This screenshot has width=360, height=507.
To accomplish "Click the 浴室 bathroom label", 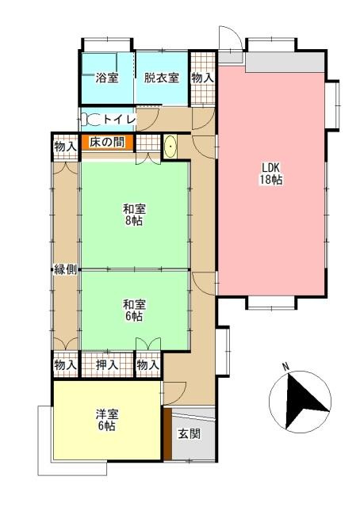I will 106,78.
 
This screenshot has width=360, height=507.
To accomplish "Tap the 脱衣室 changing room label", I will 161,78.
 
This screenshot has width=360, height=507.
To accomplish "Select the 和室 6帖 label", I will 133,310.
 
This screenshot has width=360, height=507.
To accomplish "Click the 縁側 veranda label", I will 65,269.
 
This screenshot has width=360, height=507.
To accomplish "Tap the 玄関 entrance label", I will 189,433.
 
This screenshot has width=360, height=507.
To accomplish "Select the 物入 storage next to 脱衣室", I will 203,78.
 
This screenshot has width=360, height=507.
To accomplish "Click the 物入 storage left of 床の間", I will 65,146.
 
